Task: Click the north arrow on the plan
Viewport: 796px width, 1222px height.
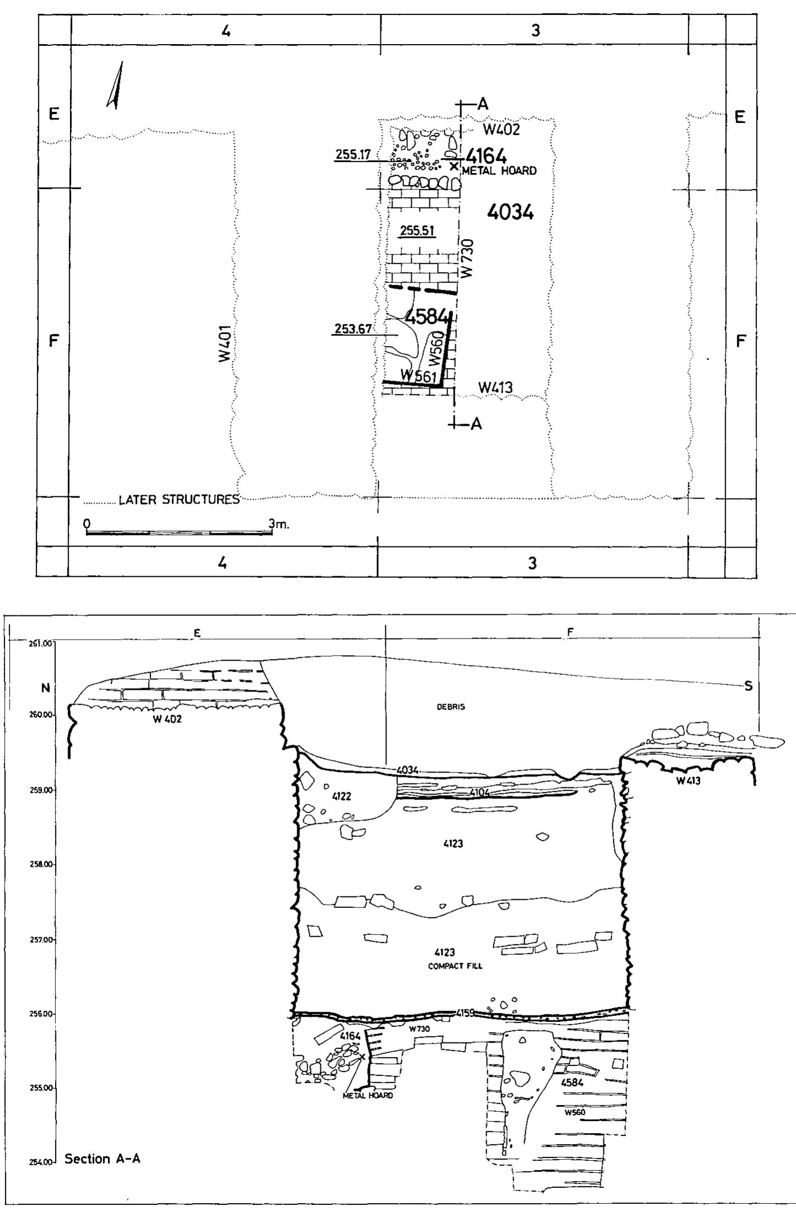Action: [x=116, y=85]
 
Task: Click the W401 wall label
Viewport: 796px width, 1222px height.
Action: [x=224, y=343]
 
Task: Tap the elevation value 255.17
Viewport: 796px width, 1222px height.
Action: [x=353, y=156]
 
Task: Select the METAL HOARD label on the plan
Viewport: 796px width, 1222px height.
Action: [x=499, y=171]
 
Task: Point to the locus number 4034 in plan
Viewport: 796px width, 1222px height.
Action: [x=510, y=212]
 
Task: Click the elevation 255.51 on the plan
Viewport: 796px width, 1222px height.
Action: [x=417, y=231]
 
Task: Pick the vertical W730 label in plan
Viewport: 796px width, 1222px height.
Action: [x=467, y=257]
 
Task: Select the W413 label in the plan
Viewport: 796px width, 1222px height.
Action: [x=495, y=388]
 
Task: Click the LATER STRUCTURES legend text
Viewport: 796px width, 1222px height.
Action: [x=179, y=500]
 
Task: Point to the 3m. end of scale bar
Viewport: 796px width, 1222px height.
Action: [x=279, y=524]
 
